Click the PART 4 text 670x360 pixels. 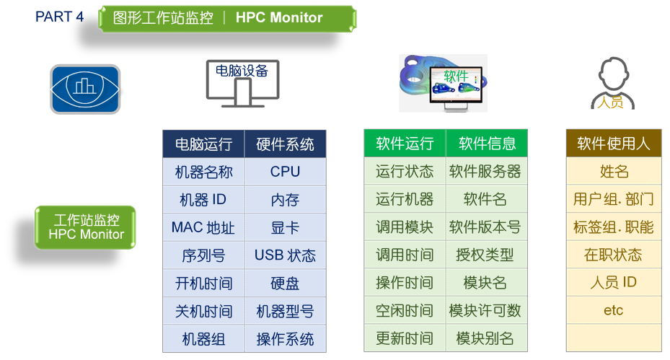pyautogui.click(x=59, y=17)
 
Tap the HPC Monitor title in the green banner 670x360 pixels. pyautogui.click(x=279, y=17)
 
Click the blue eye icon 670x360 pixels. pyautogui.click(x=85, y=89)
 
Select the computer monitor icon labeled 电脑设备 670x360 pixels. pyautogui.click(x=242, y=84)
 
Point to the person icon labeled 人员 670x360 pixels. pyautogui.click(x=613, y=84)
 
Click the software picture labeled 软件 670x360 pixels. pyautogui.click(x=443, y=84)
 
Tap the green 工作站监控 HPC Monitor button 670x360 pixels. pyautogui.click(x=85, y=227)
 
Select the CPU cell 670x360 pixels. pyautogui.click(x=285, y=172)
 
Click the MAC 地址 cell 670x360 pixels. pyautogui.click(x=203, y=227)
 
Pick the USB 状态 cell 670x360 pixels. pyautogui.click(x=285, y=255)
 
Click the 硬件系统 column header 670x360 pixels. pyautogui.click(x=285, y=144)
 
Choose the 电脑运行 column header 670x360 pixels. pyautogui.click(x=203, y=144)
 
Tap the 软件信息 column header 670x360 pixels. pyautogui.click(x=487, y=144)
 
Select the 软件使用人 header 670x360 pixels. pyautogui.click(x=614, y=144)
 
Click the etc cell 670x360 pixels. pyautogui.click(x=614, y=310)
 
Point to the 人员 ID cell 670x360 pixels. pyautogui.click(x=614, y=282)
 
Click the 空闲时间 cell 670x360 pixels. pyautogui.click(x=405, y=310)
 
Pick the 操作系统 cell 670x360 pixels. pyautogui.click(x=285, y=339)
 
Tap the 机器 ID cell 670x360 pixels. pyautogui.click(x=203, y=200)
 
